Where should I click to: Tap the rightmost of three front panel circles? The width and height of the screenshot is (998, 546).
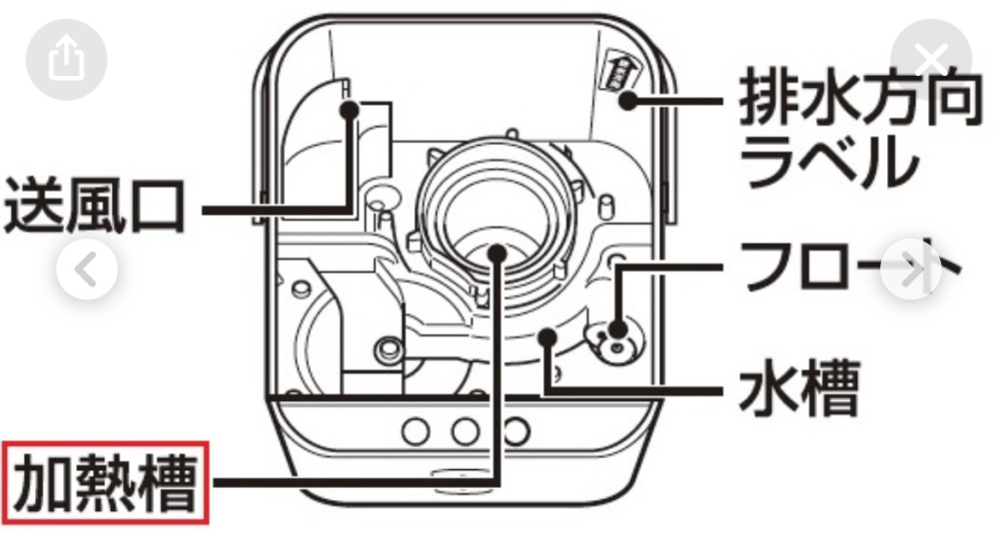point(513,430)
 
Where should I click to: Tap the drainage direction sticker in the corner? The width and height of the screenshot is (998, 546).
point(619,71)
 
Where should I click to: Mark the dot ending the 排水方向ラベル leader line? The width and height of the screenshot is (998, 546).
point(626,100)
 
